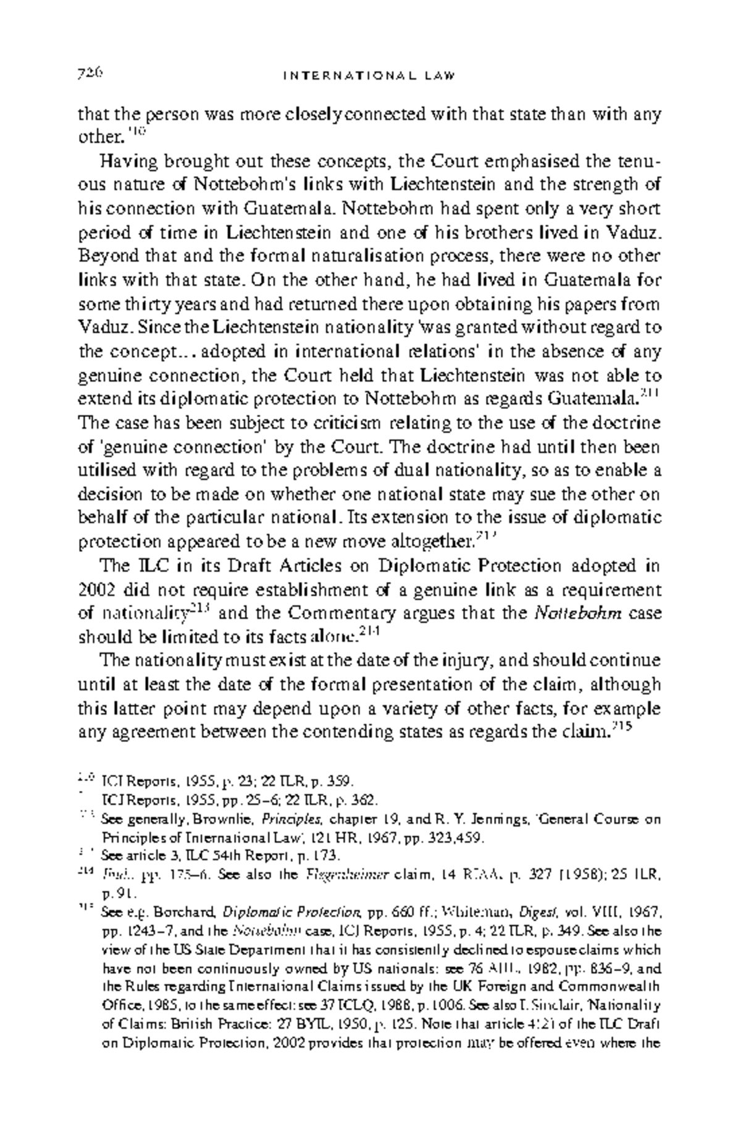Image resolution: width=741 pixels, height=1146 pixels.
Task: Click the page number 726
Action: (90, 74)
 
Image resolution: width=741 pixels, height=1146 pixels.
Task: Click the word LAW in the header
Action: (442, 77)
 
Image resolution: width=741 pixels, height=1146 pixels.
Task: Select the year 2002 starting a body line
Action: (94, 590)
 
